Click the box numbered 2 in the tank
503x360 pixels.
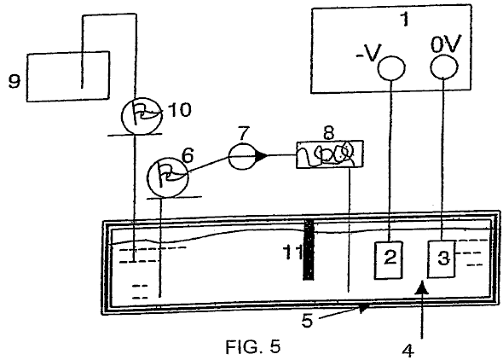(389, 260)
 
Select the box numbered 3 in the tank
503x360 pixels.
(442, 258)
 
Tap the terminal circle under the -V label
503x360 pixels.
(391, 67)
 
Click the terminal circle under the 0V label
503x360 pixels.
(443, 66)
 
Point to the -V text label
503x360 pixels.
(368, 53)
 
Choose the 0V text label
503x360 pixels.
(445, 44)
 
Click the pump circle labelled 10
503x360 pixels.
(141, 115)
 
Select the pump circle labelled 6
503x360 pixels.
(167, 177)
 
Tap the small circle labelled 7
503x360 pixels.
(242, 156)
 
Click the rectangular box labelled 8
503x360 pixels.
(329, 154)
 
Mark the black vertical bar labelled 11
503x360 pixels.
(309, 250)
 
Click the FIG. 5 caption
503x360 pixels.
(253, 347)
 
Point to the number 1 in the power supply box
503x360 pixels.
(406, 20)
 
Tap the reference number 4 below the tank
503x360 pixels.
(408, 351)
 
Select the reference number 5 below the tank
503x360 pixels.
(307, 320)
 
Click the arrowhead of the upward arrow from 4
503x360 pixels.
(421, 287)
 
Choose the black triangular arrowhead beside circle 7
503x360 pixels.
(261, 156)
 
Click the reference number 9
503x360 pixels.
(14, 81)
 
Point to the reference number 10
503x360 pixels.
(180, 110)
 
